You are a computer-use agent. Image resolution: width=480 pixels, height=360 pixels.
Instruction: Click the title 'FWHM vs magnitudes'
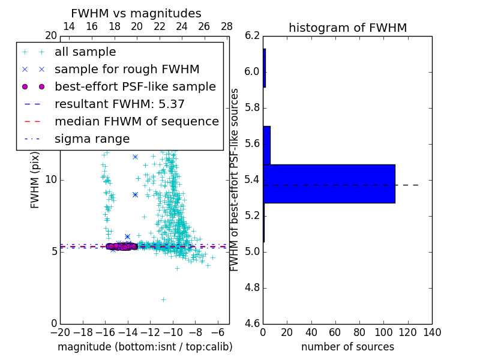click(136, 13)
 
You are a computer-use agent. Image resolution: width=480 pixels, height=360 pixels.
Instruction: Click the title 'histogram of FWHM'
click(347, 28)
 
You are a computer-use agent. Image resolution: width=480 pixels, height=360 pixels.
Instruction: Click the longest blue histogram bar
click(329, 184)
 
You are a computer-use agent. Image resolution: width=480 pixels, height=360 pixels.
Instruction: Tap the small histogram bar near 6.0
click(264, 68)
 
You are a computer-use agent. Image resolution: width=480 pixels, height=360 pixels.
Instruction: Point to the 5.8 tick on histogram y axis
click(253, 107)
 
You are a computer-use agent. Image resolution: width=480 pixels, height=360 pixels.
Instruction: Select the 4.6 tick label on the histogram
click(253, 323)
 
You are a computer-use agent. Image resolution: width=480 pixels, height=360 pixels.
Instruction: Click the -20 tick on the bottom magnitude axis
click(60, 332)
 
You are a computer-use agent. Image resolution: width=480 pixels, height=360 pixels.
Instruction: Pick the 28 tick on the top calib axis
click(227, 26)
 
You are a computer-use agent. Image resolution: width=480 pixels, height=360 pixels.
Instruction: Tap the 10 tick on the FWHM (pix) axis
click(50, 179)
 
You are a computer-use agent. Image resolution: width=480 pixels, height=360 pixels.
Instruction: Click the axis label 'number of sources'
click(347, 347)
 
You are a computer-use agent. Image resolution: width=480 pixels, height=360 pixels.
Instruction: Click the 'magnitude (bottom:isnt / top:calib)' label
click(145, 347)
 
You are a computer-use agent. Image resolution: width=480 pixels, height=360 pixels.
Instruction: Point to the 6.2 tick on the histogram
click(253, 35)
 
